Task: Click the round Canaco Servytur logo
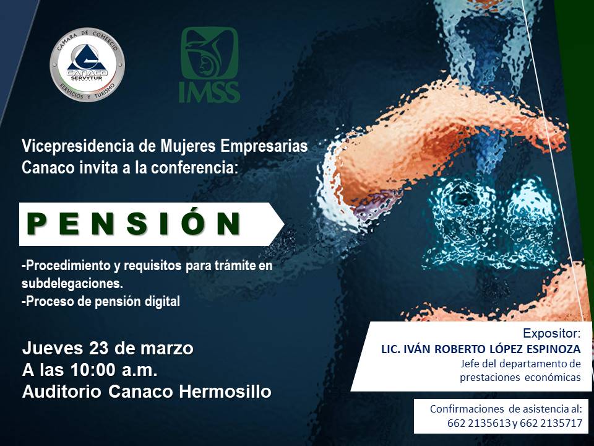[87, 64]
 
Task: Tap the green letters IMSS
[210, 92]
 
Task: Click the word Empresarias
[264, 146]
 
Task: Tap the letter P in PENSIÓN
[37, 224]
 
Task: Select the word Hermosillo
[225, 391]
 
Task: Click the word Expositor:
[551, 333]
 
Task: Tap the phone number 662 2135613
[479, 423]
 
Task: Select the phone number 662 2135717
[551, 423]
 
